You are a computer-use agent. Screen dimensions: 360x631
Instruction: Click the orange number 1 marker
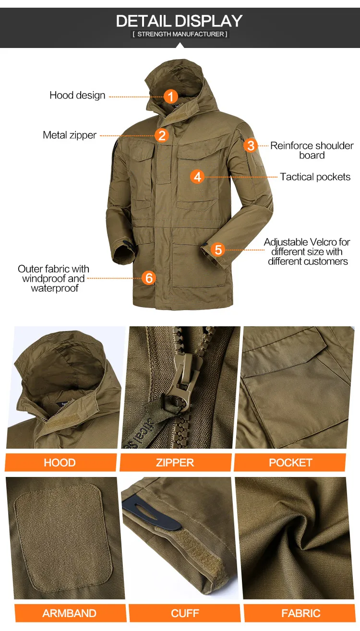[x=171, y=96]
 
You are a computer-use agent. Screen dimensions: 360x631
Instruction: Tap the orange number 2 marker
[x=162, y=135]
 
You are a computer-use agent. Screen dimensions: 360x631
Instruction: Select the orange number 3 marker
[x=251, y=145]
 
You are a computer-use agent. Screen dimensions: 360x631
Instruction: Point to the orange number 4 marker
[x=197, y=177]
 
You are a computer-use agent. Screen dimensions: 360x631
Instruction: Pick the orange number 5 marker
[x=218, y=250]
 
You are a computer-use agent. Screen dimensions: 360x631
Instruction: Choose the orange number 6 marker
[x=149, y=278]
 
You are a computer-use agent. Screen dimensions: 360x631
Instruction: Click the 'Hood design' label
[x=77, y=95]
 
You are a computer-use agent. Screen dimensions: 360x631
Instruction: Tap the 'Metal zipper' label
[x=70, y=135]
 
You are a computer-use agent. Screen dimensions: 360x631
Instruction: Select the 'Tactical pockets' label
[x=315, y=177]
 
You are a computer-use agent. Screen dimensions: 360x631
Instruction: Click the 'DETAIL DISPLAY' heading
[x=180, y=21]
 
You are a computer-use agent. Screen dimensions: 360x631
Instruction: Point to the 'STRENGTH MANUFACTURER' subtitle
[x=180, y=34]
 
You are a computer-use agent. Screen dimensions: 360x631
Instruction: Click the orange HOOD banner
[x=60, y=462]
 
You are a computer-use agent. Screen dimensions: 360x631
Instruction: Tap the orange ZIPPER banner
[x=176, y=462]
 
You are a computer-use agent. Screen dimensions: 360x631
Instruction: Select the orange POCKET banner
[x=290, y=462]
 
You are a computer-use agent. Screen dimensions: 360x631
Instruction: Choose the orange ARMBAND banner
[x=71, y=613]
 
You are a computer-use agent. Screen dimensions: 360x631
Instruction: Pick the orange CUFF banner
[x=185, y=613]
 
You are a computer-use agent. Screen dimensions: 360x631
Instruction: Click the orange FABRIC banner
[x=300, y=613]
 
